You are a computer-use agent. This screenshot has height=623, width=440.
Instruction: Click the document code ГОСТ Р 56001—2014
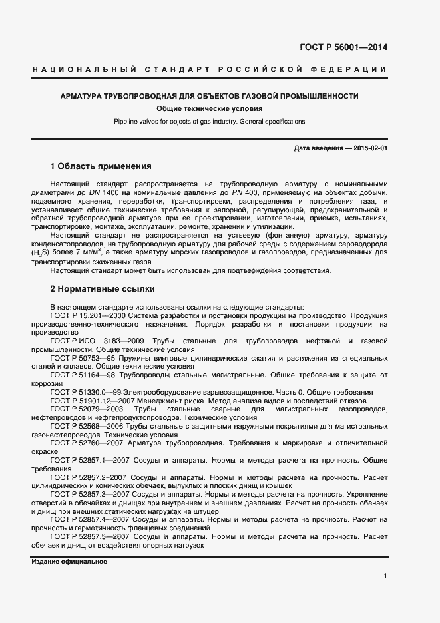[x=343, y=47]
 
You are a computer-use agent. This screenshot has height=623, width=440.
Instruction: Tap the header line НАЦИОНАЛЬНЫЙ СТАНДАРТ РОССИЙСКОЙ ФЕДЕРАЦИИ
[x=209, y=70]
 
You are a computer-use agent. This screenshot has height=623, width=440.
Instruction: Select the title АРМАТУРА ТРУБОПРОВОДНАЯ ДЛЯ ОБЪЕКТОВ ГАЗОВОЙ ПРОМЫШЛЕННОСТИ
[x=209, y=96]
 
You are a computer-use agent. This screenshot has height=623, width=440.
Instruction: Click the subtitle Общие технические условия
[x=209, y=109]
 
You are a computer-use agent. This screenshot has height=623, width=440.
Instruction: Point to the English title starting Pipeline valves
[x=209, y=122]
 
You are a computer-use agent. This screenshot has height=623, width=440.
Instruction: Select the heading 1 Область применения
[x=101, y=166]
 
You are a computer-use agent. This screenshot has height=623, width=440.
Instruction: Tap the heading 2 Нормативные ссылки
[x=103, y=289]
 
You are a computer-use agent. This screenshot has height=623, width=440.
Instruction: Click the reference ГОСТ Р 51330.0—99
[x=89, y=392]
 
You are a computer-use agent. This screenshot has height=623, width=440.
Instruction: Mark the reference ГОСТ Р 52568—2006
[x=89, y=426]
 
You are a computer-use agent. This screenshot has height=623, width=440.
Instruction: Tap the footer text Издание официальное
[x=69, y=562]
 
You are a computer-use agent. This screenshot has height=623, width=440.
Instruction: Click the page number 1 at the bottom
[x=385, y=576]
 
